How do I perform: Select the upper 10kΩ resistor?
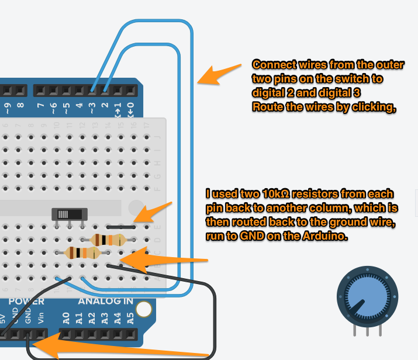pyautogui.click(x=109, y=239)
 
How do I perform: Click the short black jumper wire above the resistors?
pyautogui.click(x=122, y=226)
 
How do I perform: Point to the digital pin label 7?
pyautogui.click(x=41, y=106)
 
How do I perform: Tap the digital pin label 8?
pyautogui.click(x=20, y=106)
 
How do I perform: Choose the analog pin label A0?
pyautogui.click(x=66, y=318)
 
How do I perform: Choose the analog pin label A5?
pyautogui.click(x=130, y=318)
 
